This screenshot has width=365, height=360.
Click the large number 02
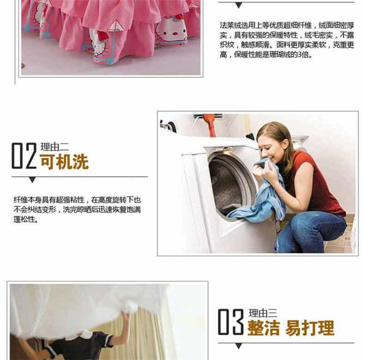click(x=24, y=156)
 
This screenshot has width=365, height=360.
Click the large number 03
click(x=231, y=322)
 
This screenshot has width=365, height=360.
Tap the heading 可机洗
click(x=64, y=162)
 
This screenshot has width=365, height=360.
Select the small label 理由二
click(x=55, y=147)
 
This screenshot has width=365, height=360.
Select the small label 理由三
click(x=263, y=313)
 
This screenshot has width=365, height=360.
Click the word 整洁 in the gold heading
click(x=263, y=328)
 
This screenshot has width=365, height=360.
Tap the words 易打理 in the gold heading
click(x=310, y=328)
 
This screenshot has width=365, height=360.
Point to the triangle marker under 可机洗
click(x=32, y=180)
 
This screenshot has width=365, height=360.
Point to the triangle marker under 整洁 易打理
click(x=238, y=346)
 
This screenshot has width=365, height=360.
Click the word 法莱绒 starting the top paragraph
click(x=231, y=25)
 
